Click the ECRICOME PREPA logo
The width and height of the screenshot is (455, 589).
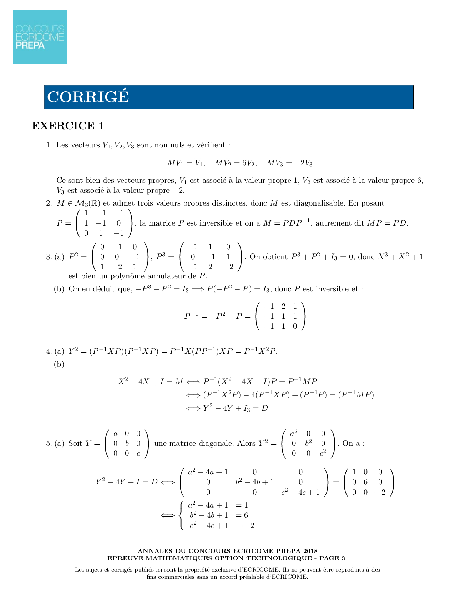tap(40, 37)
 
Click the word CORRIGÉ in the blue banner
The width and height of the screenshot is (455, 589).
tap(88, 97)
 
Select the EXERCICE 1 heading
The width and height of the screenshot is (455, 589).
tap(68, 126)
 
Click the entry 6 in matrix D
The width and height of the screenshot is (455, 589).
tap(365, 482)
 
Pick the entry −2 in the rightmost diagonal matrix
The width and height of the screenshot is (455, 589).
tap(380, 493)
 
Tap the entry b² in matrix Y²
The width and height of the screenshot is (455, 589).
tap(308, 444)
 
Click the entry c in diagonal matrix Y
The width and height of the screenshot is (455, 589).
tap(138, 454)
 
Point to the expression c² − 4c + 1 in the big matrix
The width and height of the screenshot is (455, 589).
tap(300, 493)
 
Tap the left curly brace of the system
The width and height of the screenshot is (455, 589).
tap(182, 515)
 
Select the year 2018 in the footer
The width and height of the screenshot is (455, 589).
tap(310, 551)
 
